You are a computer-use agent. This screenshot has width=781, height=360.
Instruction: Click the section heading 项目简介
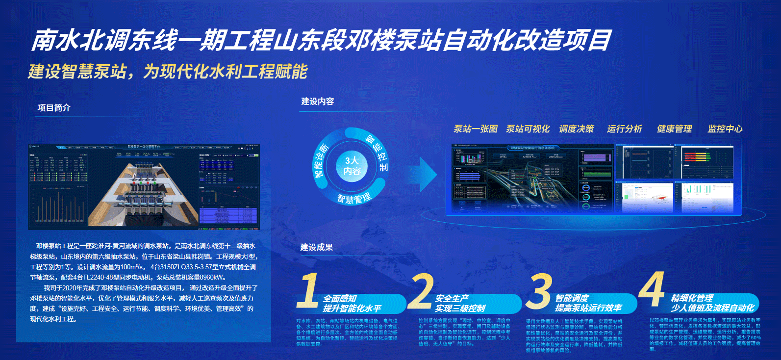point(54,108)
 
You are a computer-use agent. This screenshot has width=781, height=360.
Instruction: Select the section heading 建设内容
point(317,102)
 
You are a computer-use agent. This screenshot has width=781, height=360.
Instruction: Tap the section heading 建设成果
point(316,247)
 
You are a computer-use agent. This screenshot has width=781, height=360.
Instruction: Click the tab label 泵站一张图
point(475,129)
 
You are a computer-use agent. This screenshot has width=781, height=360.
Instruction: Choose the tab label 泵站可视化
point(528,129)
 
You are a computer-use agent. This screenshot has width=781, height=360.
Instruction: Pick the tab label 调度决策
point(576,129)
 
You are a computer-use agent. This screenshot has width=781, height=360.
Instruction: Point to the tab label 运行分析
point(624,129)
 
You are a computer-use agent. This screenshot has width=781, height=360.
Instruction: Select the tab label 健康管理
point(674,129)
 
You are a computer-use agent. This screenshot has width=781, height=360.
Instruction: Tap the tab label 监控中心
point(725,129)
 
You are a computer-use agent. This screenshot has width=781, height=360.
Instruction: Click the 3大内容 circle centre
point(352,166)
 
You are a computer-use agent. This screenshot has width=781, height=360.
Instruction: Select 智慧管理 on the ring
point(353,197)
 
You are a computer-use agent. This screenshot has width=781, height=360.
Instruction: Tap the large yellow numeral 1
point(309,290)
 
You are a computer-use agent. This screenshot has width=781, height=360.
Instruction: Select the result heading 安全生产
point(452,298)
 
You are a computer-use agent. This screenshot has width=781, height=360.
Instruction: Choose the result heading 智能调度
point(572,298)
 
